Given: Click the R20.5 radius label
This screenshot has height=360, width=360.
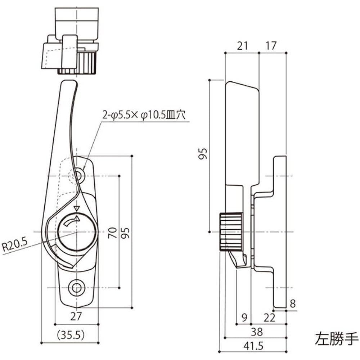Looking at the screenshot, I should coord(15,247).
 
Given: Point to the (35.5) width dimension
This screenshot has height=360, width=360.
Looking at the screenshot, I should coord(71,335).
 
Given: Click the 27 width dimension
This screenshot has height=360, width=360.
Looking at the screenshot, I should coord(76,316).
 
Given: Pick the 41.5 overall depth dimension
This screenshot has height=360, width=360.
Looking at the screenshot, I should coord(253,346).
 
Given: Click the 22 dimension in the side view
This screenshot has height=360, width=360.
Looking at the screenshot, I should coord(269,317).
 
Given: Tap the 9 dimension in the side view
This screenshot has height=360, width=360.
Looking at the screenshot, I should coord(244,317).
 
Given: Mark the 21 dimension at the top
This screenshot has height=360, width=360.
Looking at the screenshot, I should coord(242,45).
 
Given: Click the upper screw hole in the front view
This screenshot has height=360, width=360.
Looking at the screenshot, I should coord(78,176).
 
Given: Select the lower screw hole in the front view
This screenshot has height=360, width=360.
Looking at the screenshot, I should coord(76,287).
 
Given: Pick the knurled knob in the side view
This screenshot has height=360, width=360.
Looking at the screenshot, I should coord(230,231).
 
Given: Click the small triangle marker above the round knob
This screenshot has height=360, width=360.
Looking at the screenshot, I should coord(76,208).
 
